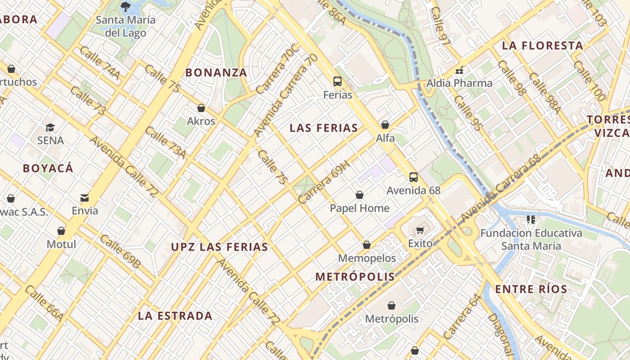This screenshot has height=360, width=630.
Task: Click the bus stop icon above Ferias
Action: tap(337, 81)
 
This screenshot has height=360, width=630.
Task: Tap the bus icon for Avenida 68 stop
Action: tap(413, 177)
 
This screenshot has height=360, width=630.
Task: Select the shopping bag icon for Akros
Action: tap(201, 108)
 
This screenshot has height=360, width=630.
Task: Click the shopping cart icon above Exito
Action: tap(420, 230)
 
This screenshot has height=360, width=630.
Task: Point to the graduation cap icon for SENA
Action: tap(50, 128)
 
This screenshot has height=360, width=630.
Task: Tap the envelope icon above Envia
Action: tap(85, 198)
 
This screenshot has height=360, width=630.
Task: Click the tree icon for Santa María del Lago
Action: tap(125, 7)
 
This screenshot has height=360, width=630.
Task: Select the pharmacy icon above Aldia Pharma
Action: tap(459, 70)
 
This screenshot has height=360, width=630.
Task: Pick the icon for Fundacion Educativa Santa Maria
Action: tap(531, 220)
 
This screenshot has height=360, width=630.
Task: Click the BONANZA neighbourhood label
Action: tap(216, 72)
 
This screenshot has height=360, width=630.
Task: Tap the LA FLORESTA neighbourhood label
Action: tap(543, 45)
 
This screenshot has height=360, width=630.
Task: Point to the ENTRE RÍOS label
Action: tap(531, 289)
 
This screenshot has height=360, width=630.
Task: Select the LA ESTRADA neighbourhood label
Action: tap(175, 316)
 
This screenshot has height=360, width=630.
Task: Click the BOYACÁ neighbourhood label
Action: tap(48, 168)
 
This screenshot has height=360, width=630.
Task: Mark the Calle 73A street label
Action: tap(165, 143)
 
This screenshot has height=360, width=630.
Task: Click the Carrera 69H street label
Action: tap(324, 183)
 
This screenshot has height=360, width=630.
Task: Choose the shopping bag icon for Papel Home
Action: tap(359, 195)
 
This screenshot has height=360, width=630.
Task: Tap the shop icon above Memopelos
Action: tap(367, 245)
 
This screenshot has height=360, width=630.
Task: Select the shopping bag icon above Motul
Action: tap(61, 231)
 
